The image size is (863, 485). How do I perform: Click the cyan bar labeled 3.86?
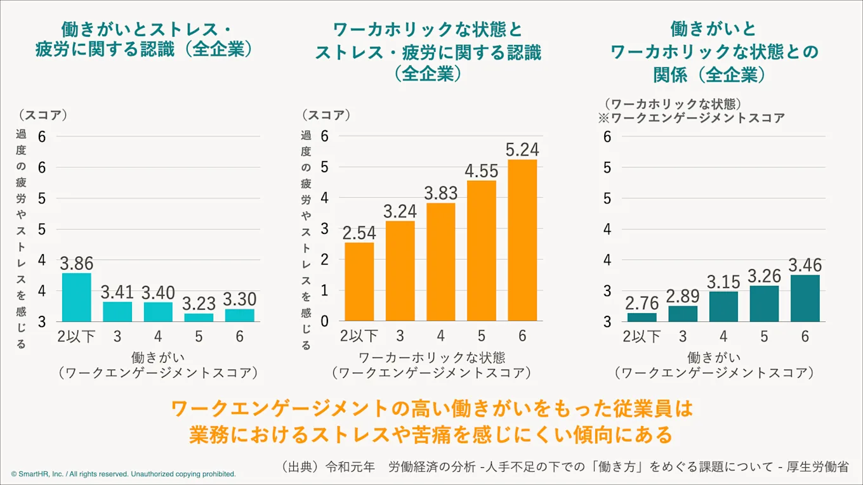coord(76,297)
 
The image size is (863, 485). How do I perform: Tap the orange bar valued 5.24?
coord(522,240)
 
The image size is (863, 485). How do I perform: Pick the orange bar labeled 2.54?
coord(359,281)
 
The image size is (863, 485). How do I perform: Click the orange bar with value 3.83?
coord(441,262)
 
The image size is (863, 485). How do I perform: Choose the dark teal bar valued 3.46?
coord(805,298)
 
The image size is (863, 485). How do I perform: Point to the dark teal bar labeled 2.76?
coord(642,317)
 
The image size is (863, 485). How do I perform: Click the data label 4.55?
coord(482,171)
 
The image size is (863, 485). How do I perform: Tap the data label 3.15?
coord(723,281)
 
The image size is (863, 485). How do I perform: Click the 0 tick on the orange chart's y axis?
coord(324,321)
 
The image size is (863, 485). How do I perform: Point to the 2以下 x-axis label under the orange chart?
coord(359,336)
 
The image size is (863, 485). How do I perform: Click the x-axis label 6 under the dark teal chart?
coord(805,337)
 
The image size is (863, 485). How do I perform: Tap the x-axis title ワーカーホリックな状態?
coord(431,357)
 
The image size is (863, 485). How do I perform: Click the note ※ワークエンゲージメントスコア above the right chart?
coord(691,118)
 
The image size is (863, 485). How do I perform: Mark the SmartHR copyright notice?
coord(124,474)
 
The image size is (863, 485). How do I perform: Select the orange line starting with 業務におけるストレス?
coord(431,436)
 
